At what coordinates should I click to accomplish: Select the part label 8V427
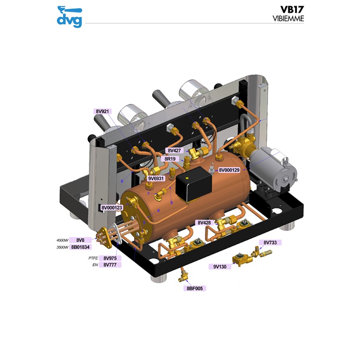(x=174, y=150)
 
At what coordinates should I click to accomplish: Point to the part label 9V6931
(x=157, y=179)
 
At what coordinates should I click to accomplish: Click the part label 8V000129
(x=232, y=170)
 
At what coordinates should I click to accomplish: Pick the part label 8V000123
(x=112, y=207)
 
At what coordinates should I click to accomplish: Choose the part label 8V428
(x=204, y=223)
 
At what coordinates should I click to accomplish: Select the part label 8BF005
(x=194, y=288)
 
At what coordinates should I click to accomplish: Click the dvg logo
(x=69, y=16)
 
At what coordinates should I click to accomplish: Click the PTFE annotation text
(x=93, y=258)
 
